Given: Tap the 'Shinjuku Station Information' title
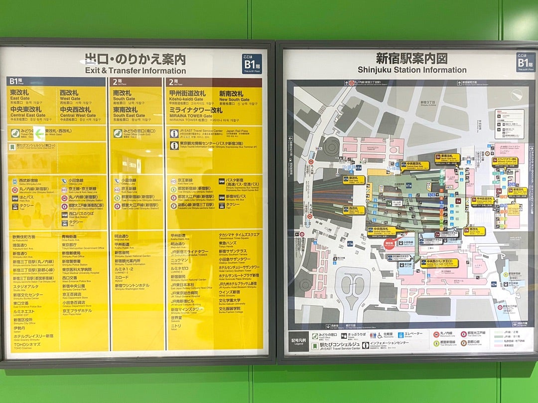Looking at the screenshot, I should pos(412,70).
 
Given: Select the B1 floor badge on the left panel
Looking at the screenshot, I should pos(252,64).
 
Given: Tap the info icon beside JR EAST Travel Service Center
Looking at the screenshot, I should pos(174,133).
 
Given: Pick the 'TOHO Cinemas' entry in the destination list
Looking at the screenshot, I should pos(27,344).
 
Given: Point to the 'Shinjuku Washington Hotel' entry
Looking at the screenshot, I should pos(132,287).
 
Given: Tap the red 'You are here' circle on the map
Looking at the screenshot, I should pos(389,244).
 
